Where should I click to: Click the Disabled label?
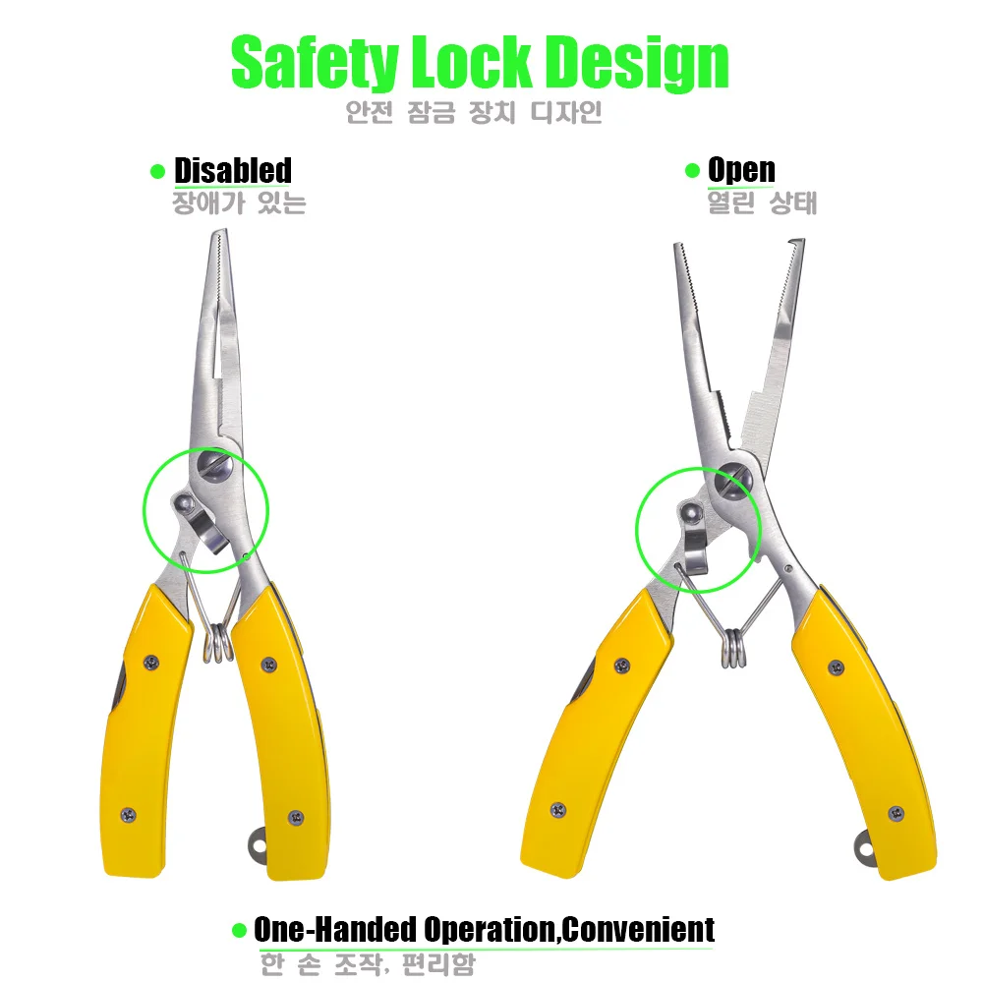pyautogui.click(x=233, y=170)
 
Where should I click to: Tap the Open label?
pyautogui.click(x=741, y=170)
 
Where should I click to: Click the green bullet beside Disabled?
pyautogui.click(x=157, y=172)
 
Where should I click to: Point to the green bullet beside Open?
pyautogui.click(x=692, y=171)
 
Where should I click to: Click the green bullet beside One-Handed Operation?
pyautogui.click(x=239, y=930)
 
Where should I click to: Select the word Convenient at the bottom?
pyautogui.click(x=639, y=929)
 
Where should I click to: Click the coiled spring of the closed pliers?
pyautogui.click(x=218, y=644)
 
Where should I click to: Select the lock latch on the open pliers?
pyautogui.click(x=696, y=536)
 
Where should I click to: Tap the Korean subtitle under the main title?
pyautogui.click(x=473, y=112)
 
